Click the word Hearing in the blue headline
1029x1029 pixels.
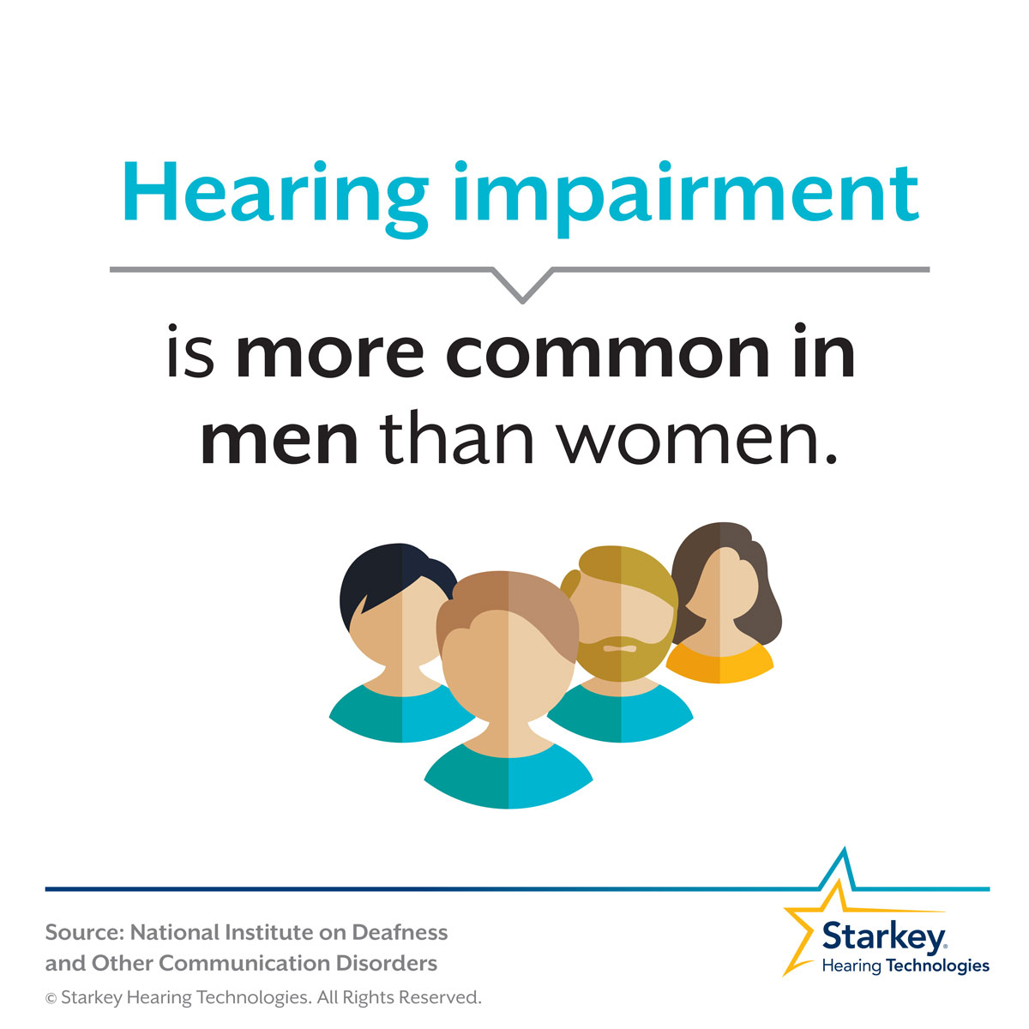275,199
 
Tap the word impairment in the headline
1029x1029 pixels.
687,199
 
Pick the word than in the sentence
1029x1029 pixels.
457,436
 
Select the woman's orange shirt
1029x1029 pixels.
719,663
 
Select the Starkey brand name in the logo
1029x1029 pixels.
884,936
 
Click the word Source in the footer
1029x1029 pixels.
84,932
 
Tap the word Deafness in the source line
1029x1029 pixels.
400,932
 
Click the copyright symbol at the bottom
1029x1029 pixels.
51,999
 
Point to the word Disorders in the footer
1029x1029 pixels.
386,963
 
